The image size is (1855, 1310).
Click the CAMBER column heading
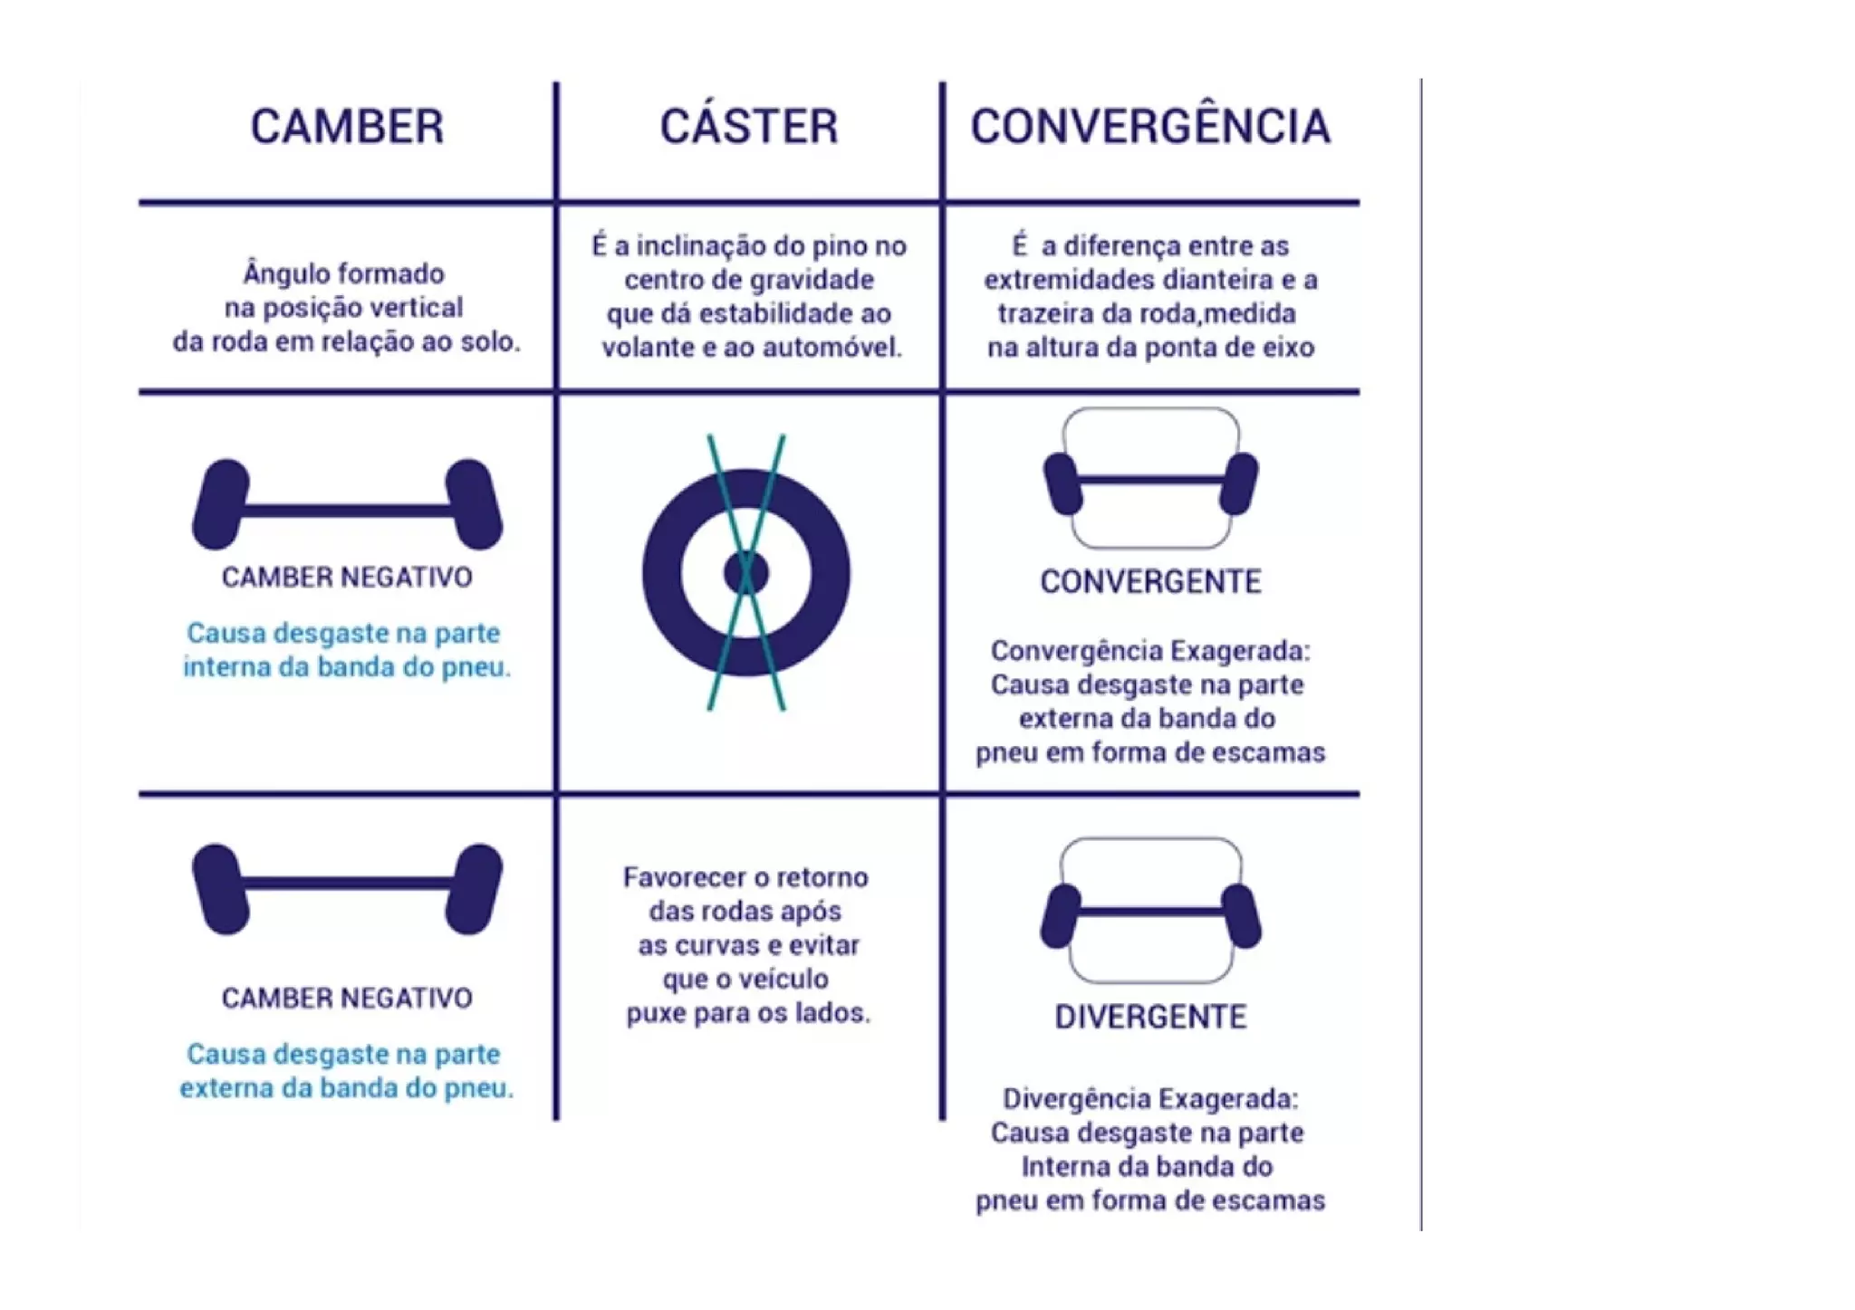[x=347, y=127]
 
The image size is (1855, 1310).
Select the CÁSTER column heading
[x=748, y=127]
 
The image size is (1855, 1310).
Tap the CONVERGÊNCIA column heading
[x=1150, y=127]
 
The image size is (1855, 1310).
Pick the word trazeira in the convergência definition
[x=1043, y=314]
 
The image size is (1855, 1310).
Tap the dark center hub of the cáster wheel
[x=746, y=572]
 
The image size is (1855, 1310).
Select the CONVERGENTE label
[x=1150, y=581]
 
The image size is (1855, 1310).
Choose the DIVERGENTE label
[x=1150, y=1017]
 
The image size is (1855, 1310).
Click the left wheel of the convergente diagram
[x=1062, y=483]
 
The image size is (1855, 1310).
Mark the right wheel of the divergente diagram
[x=1241, y=916]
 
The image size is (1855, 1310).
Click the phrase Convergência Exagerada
[x=1150, y=651]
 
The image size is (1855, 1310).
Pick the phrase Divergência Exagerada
[x=1150, y=1099]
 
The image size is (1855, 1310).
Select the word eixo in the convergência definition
[x=1290, y=348]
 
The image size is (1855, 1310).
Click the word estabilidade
[x=772, y=314]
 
